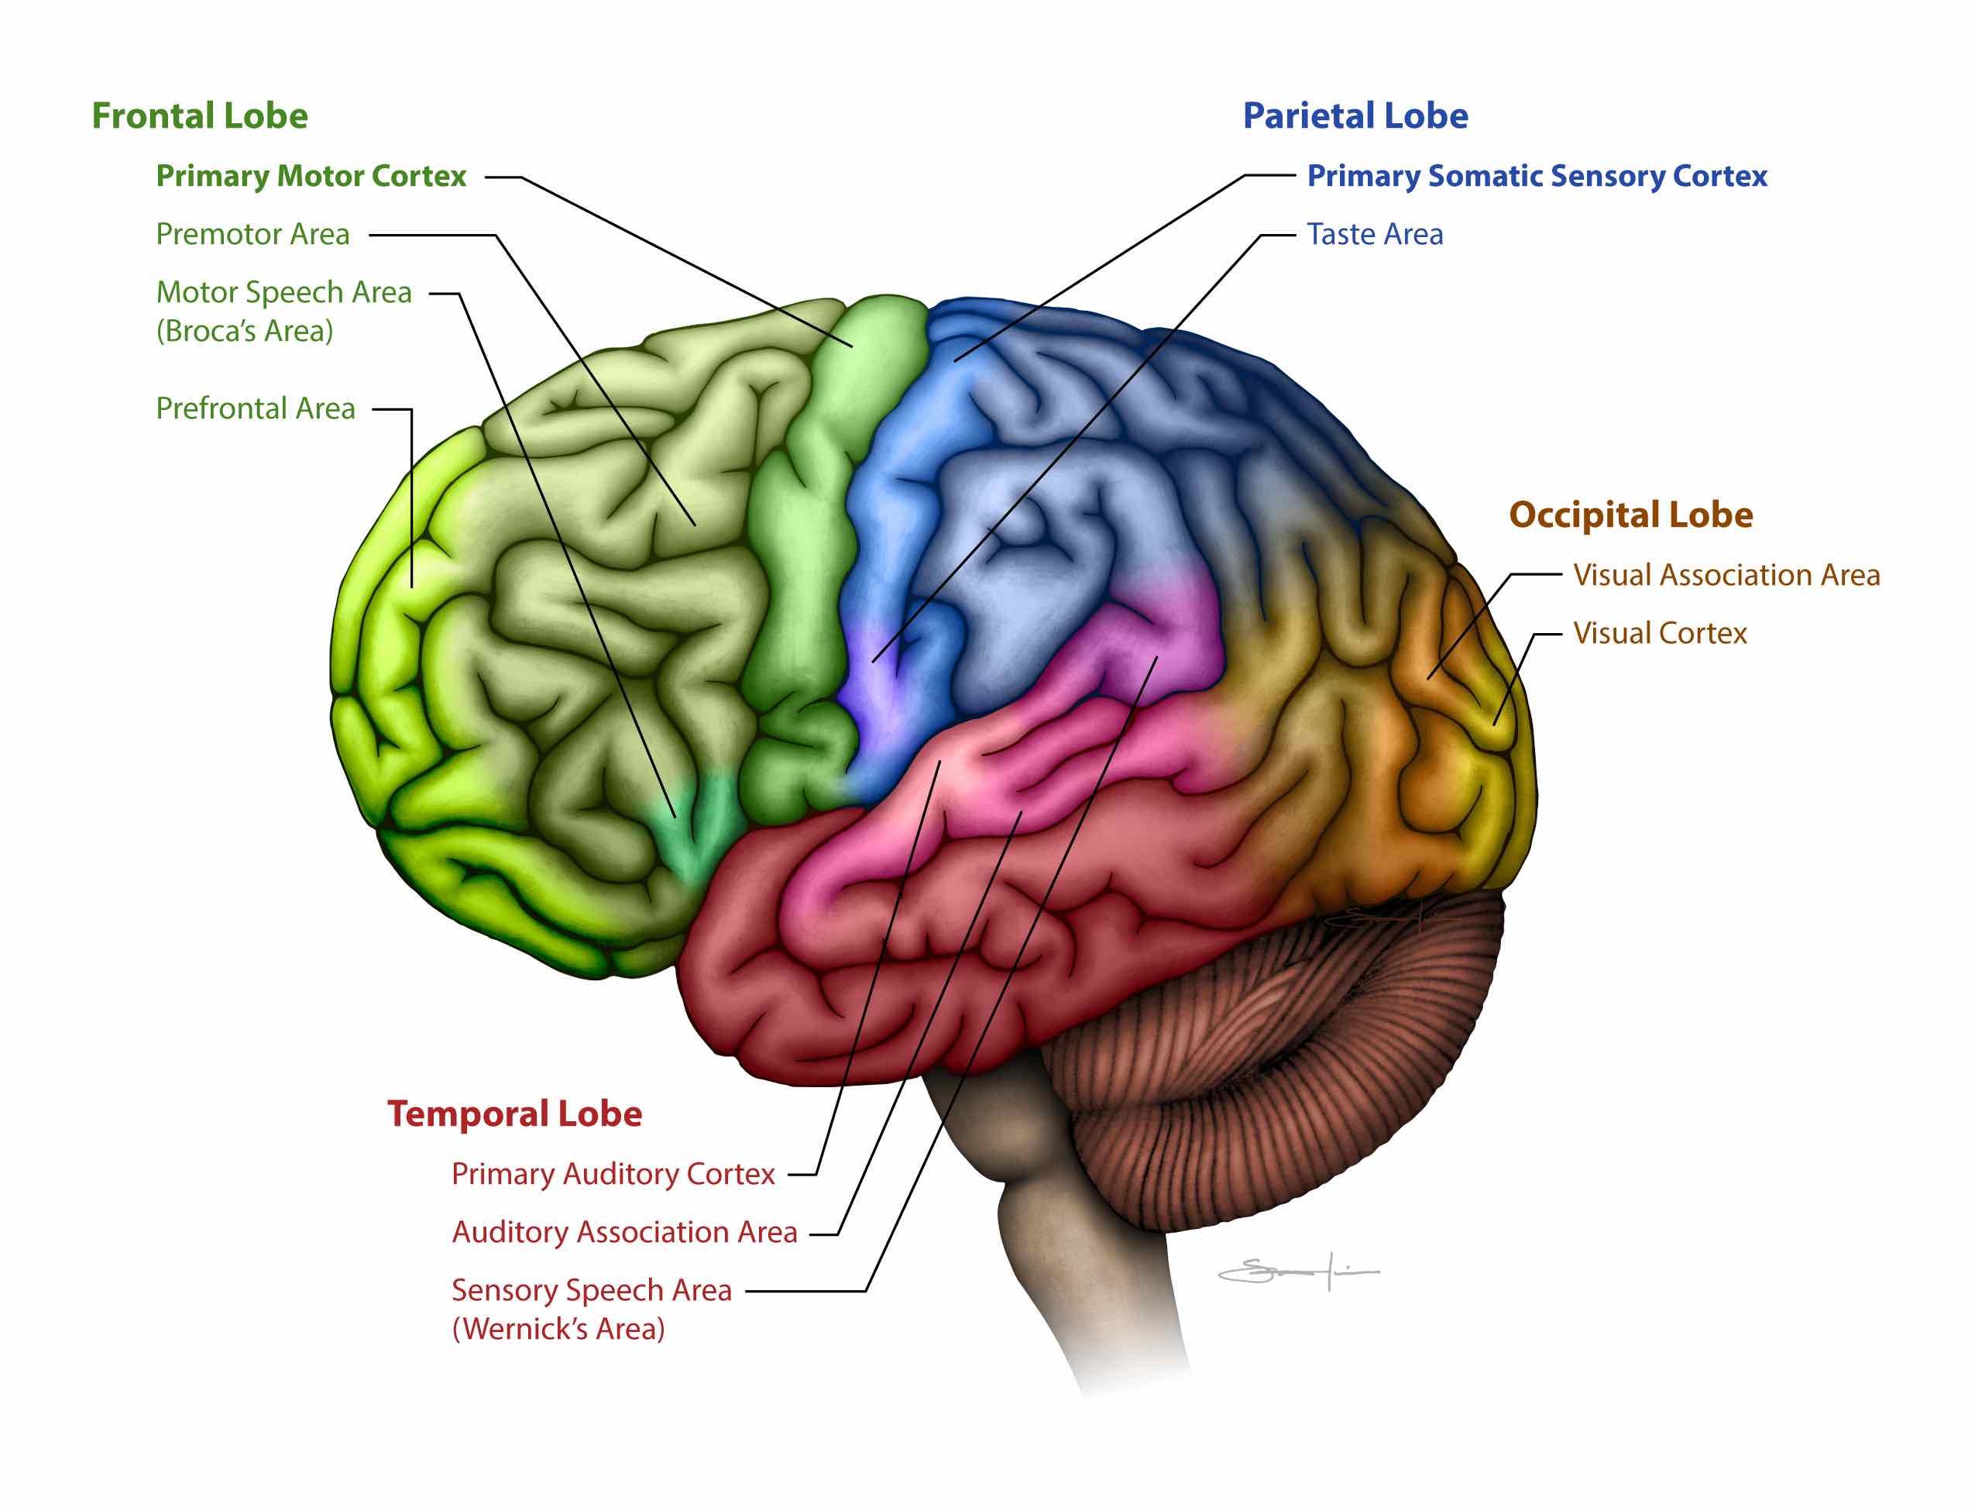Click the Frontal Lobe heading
click(200, 116)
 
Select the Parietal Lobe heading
click(1354, 116)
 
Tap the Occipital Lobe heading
click(1629, 515)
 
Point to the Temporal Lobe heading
click(514, 1113)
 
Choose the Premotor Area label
click(252, 235)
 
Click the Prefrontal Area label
click(256, 409)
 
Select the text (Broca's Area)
click(245, 331)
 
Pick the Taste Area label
click(1374, 235)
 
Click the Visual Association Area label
click(1725, 575)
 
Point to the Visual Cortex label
click(1658, 633)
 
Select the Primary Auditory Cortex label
click(612, 1174)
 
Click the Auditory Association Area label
click(624, 1232)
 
